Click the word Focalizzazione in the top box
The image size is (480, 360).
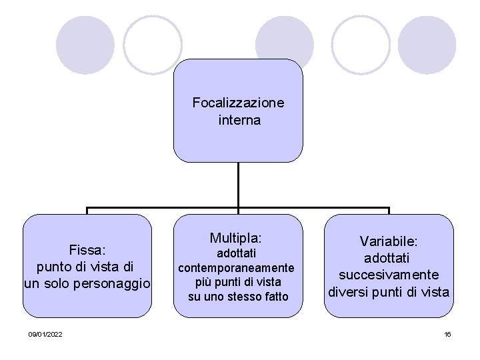[x=238, y=103]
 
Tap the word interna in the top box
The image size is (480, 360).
[x=239, y=121]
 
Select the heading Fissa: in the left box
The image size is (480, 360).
[x=88, y=249]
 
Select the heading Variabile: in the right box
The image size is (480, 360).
[x=388, y=241]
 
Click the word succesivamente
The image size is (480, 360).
[x=388, y=275]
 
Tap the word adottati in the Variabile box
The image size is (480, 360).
[x=388, y=257]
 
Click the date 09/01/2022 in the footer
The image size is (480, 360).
[x=46, y=333]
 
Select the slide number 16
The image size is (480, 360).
[x=447, y=333]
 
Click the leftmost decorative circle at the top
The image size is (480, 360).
[x=85, y=45]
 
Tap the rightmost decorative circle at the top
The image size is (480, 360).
[x=426, y=45]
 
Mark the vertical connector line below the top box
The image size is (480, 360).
[x=238, y=185]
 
